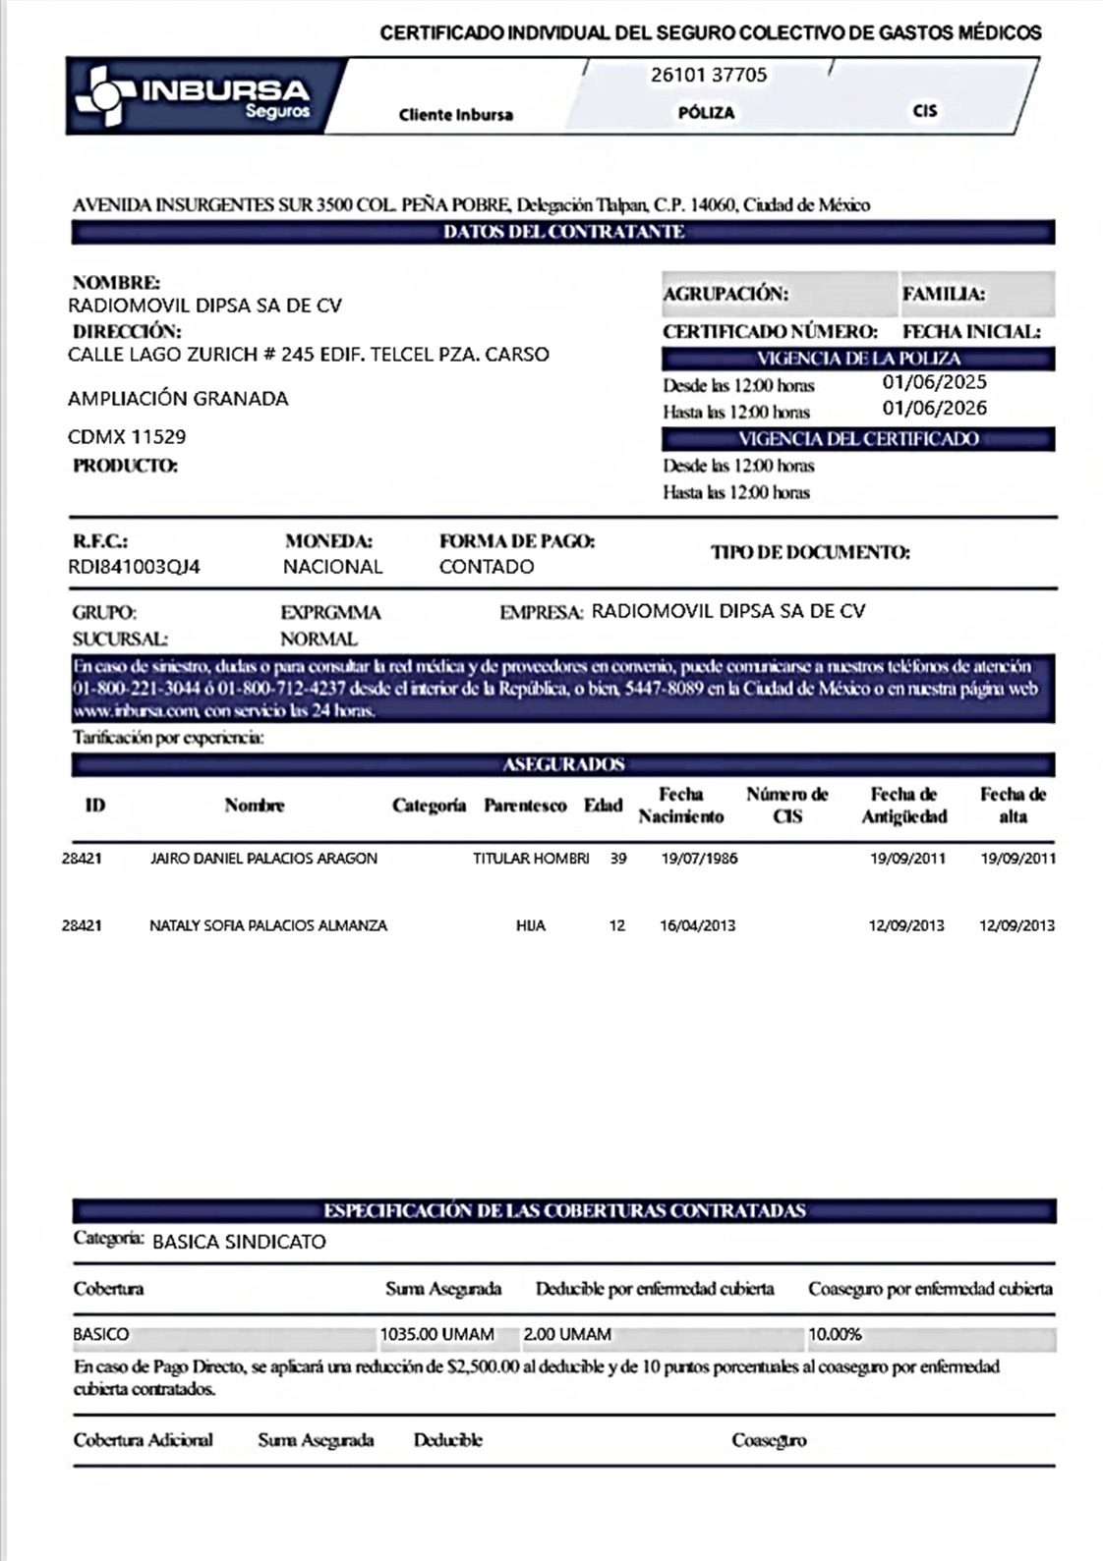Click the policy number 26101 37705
click(709, 75)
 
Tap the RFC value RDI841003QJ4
click(134, 567)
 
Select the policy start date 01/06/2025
click(934, 382)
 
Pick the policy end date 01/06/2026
click(934, 408)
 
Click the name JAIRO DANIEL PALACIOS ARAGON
click(263, 859)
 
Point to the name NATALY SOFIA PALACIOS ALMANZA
click(268, 925)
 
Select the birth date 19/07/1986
click(699, 859)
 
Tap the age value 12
click(616, 925)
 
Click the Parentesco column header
click(525, 806)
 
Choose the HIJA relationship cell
click(531, 925)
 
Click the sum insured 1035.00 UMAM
click(437, 1335)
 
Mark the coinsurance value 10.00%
click(835, 1335)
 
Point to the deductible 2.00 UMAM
click(567, 1335)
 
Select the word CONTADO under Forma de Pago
click(487, 567)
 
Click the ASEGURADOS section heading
click(563, 764)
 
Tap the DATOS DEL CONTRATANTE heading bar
click(563, 232)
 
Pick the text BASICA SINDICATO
click(239, 1242)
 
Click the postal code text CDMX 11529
click(127, 436)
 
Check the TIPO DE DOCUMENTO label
click(810, 553)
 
